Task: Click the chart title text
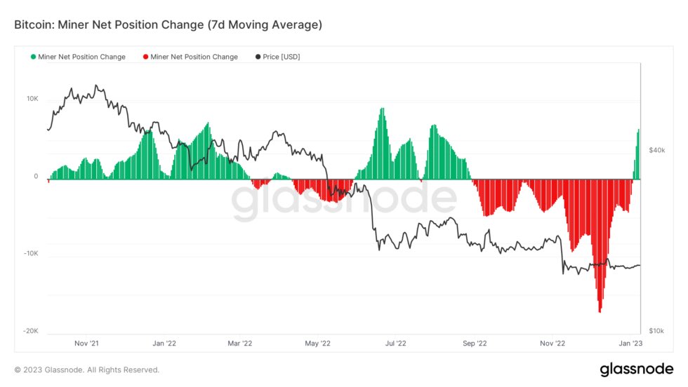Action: [168, 25]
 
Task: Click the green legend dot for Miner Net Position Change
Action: [33, 57]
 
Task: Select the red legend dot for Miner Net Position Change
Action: [145, 57]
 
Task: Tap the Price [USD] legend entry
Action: [279, 57]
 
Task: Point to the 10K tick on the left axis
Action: [32, 99]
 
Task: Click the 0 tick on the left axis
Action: [36, 177]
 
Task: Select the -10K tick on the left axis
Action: [31, 254]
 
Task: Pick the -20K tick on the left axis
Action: [31, 331]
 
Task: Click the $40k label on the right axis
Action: [656, 150]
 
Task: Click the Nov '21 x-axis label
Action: [86, 344]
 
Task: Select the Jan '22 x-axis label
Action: [164, 344]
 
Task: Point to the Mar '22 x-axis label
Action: [239, 344]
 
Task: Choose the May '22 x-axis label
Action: [317, 344]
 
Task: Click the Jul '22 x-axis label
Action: [396, 344]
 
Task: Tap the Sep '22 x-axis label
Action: [475, 344]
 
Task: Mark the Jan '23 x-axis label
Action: [629, 344]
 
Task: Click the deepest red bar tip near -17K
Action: [600, 311]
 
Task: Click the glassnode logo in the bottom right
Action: [637, 369]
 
